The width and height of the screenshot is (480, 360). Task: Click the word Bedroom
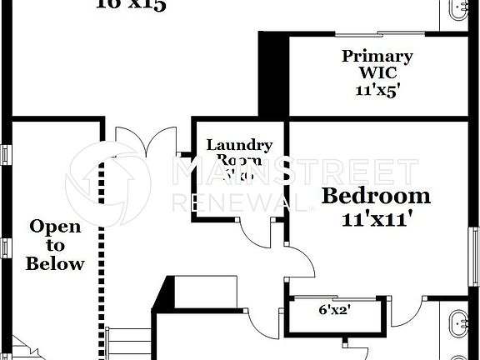point(377,197)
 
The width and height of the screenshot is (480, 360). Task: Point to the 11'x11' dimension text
point(377,220)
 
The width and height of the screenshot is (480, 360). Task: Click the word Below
point(55,264)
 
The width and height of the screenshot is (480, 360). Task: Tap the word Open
point(55,227)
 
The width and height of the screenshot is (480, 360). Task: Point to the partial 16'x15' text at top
point(131,5)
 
